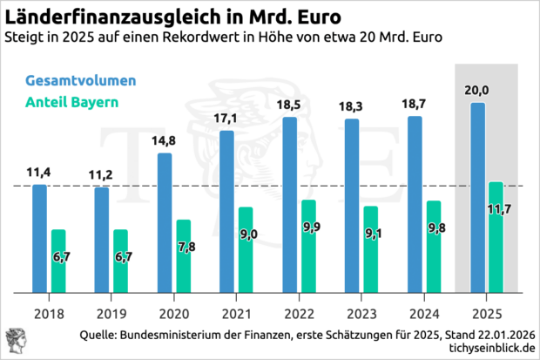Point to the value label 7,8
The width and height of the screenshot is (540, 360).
click(186, 248)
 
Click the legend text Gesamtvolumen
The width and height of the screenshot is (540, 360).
click(80, 80)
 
